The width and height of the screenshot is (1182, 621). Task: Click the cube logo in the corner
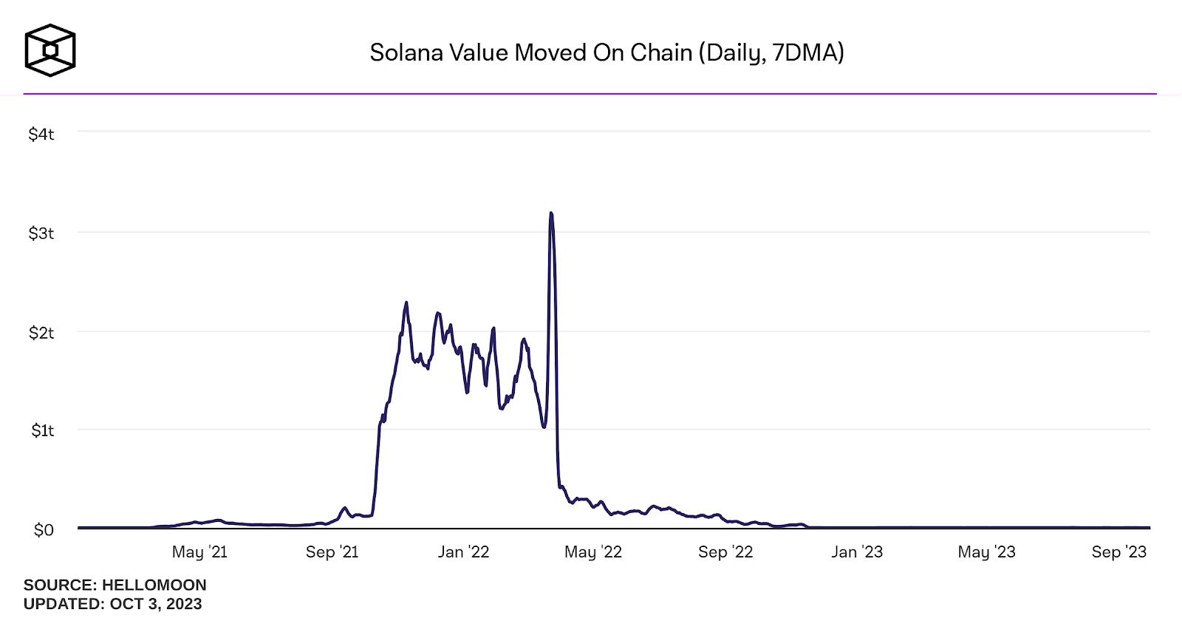50,50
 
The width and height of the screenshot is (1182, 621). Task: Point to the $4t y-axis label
41,134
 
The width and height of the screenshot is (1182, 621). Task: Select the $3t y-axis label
41,234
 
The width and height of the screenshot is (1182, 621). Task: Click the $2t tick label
41,333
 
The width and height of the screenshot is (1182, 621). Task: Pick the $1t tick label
42,430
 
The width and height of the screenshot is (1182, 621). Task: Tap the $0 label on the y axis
44,529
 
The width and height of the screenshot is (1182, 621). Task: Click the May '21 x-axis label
199,552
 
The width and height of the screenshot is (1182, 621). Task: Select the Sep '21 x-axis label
332,552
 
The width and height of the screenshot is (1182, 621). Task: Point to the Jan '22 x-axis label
463,552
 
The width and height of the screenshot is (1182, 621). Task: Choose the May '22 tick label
592,552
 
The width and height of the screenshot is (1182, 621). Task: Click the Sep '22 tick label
725,552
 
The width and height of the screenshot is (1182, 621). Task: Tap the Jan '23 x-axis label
857,552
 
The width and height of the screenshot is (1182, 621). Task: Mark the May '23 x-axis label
986,552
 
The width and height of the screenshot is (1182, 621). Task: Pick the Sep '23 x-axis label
1118,552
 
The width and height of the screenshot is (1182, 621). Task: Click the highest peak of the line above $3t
551,214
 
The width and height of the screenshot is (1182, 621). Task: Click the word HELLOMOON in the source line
154,585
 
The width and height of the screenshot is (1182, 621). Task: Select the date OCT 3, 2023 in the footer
156,603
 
